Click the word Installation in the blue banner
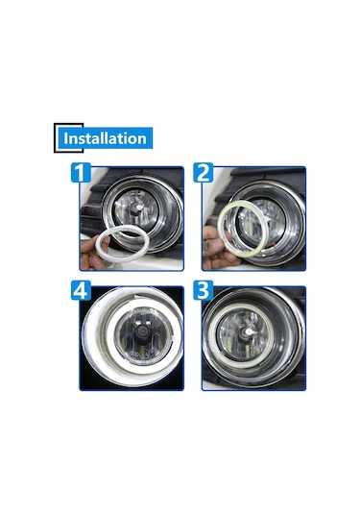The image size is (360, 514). [x=105, y=138]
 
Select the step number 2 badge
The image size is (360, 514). [x=204, y=174]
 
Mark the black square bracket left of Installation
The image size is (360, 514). [x=57, y=138]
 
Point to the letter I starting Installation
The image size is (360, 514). [x=66, y=138]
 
